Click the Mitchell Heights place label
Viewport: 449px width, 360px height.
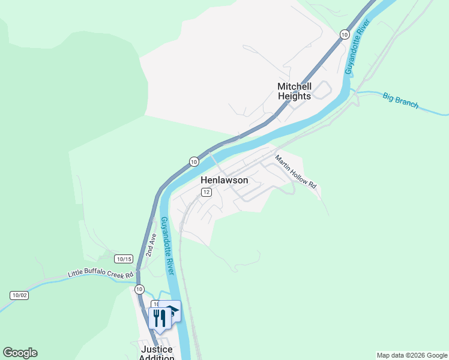tap(294, 91)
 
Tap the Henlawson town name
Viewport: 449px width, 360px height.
tap(224, 180)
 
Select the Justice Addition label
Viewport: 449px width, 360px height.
tap(156, 353)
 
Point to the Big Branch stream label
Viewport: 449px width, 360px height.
tap(400, 100)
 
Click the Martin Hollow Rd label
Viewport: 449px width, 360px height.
tap(295, 172)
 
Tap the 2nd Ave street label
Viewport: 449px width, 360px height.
tap(152, 244)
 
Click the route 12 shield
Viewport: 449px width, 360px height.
tap(206, 192)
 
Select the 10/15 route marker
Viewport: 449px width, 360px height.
tap(124, 259)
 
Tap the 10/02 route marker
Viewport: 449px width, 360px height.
tap(19, 295)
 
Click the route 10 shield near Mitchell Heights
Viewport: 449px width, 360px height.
tap(344, 34)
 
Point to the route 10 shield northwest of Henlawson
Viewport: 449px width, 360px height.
tap(193, 161)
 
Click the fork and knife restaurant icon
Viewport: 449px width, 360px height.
tap(159, 317)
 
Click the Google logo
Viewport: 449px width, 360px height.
tap(20, 353)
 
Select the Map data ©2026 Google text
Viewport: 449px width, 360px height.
tap(412, 355)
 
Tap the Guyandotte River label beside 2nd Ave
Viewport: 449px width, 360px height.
tap(167, 246)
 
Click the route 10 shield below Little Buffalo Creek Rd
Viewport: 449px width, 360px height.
tap(139, 289)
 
